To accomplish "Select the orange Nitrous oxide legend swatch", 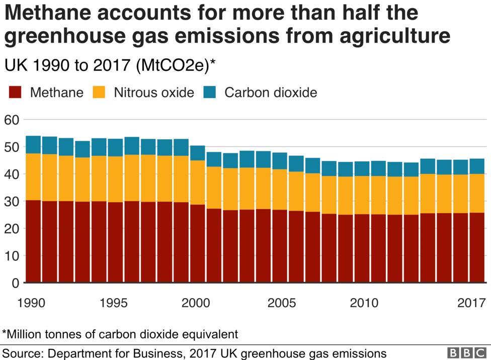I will (x=99, y=93).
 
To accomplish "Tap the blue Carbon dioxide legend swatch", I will (x=209, y=93).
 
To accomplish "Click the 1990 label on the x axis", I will (x=31, y=303).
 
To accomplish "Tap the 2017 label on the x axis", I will (x=471, y=303).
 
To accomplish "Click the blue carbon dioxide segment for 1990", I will (x=33, y=144).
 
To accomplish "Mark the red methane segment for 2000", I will (x=197, y=243).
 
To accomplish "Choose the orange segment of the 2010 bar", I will (x=362, y=195).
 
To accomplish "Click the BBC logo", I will (x=467, y=353).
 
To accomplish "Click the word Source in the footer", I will (x=23, y=353).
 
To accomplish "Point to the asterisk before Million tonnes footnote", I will (x=5, y=333).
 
